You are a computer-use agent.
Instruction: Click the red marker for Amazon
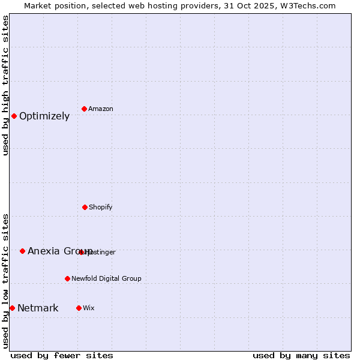point(84,109)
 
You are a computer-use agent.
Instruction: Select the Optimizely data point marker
point(14,116)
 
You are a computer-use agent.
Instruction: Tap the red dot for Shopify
point(85,207)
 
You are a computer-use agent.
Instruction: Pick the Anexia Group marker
point(22,251)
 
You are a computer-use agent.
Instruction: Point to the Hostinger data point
point(81,252)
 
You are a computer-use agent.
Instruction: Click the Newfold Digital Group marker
point(67,278)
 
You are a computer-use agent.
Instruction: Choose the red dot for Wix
point(79,308)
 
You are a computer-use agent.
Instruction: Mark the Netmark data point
point(12,308)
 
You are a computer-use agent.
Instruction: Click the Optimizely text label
point(44,116)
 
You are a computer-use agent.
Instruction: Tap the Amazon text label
point(101,109)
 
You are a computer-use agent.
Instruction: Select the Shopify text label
point(101,208)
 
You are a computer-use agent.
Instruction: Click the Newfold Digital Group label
point(106,279)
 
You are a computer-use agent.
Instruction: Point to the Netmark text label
point(38,308)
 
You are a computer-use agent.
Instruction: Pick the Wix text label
point(89,308)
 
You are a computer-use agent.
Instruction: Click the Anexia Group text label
point(60,251)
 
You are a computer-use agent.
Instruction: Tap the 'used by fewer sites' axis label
point(62,355)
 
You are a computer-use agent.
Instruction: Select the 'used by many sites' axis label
point(301,355)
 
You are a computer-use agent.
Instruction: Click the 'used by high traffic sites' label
point(5,85)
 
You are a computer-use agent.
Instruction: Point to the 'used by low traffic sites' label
point(5,281)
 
